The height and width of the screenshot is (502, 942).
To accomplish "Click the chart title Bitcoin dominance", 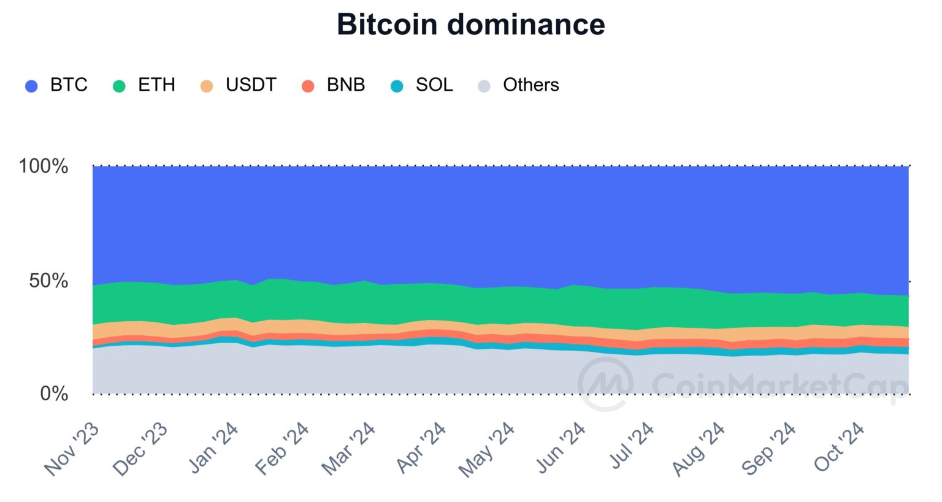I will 470,25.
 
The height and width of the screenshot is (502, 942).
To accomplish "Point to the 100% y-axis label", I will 44,165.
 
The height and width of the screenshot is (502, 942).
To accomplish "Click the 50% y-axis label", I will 48,281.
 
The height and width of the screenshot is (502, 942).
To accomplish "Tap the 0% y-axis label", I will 54,394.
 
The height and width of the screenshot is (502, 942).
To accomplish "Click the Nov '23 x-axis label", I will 72,449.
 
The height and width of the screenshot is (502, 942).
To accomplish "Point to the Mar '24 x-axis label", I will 348,449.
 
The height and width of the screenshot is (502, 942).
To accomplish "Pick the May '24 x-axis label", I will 487,450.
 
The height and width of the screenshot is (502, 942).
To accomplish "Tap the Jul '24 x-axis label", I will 632,446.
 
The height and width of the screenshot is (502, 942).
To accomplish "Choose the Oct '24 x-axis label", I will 840,447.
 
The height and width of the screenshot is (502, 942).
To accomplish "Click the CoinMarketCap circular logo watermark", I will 605,384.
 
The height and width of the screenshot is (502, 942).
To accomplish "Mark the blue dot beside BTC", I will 31,86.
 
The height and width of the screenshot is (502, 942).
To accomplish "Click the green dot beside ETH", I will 119,86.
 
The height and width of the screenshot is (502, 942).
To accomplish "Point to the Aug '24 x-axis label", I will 699,449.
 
